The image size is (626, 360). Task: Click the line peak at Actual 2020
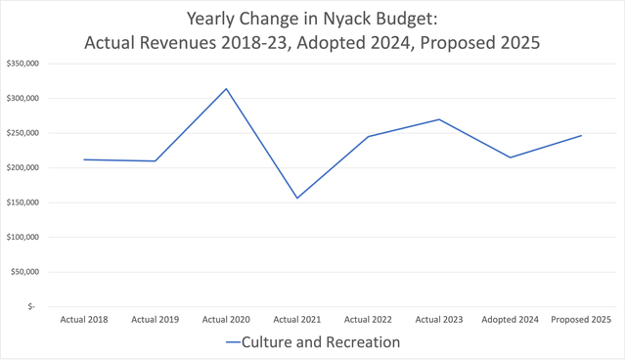click(x=226, y=89)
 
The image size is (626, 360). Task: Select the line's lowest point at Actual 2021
click(x=297, y=198)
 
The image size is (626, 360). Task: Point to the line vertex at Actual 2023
click(x=439, y=119)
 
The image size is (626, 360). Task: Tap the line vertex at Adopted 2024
click(x=511, y=157)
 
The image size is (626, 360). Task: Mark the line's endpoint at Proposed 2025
click(x=581, y=136)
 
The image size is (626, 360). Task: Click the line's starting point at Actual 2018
click(x=84, y=159)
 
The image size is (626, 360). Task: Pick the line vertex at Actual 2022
click(x=368, y=137)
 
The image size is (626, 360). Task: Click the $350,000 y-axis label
click(x=22, y=64)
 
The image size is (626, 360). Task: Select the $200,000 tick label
click(x=22, y=167)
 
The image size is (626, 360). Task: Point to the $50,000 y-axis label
click(x=24, y=272)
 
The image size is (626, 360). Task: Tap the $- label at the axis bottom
click(x=31, y=306)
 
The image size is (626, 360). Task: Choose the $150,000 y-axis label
click(x=22, y=202)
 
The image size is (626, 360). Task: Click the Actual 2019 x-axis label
click(x=156, y=320)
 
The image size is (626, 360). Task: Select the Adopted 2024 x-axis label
click(x=511, y=320)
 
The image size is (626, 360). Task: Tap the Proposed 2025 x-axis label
click(x=581, y=320)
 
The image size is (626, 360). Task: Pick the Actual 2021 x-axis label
click(x=297, y=320)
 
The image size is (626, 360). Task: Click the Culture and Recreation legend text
click(x=321, y=342)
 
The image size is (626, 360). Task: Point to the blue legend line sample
click(x=233, y=342)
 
